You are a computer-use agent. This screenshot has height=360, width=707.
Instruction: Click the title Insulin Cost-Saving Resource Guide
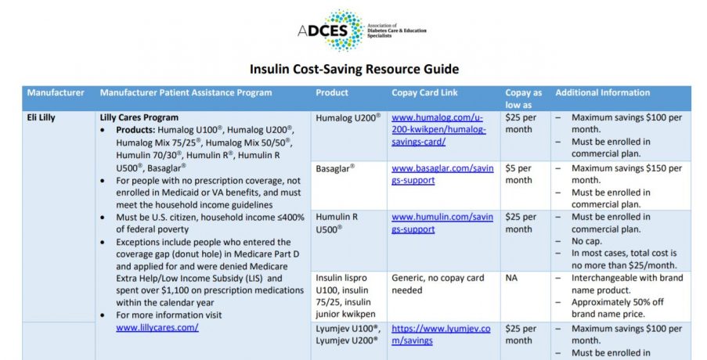[x=354, y=69]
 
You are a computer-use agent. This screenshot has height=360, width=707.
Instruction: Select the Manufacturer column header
[x=56, y=92]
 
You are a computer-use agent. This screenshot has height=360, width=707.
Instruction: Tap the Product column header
[x=332, y=92]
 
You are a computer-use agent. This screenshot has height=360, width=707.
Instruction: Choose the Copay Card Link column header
[x=425, y=92]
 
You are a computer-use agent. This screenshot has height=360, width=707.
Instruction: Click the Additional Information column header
[x=603, y=92]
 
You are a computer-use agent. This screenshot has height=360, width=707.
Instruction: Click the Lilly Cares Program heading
[x=139, y=117]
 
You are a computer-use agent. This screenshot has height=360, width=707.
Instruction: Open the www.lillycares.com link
[x=157, y=327]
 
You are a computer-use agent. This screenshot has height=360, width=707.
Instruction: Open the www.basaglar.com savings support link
[x=442, y=174]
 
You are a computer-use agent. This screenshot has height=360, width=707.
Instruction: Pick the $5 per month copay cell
[x=518, y=174]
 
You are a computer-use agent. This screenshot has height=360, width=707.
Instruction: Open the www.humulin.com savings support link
[x=442, y=222]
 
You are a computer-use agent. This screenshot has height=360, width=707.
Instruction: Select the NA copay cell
[x=511, y=278]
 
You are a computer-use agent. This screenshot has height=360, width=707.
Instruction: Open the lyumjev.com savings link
[x=441, y=334]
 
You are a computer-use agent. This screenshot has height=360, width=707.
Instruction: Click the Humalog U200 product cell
[x=348, y=117]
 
